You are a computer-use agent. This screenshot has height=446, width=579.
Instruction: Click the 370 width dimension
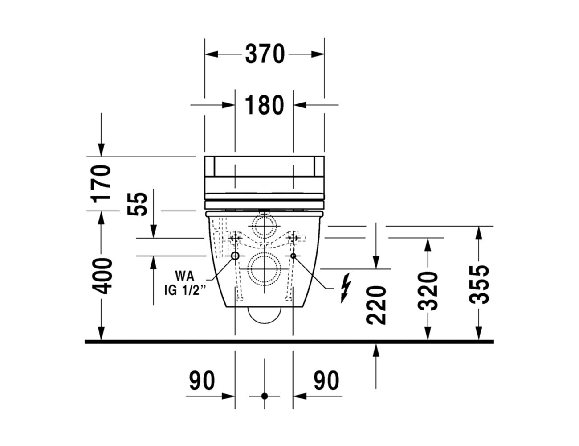click(x=265, y=54)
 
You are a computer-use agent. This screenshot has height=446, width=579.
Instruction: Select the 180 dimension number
click(x=264, y=105)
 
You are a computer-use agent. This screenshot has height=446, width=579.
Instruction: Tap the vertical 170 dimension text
click(x=101, y=184)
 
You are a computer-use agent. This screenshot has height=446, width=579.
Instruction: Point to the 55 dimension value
click(x=137, y=204)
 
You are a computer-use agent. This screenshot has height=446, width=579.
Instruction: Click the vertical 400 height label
click(x=101, y=276)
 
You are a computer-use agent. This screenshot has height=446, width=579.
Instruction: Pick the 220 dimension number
click(x=376, y=306)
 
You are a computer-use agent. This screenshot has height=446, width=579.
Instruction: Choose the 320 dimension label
click(x=428, y=291)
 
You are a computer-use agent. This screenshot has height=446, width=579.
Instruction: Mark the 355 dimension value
click(x=479, y=285)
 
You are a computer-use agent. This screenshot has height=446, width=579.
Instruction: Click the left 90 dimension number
click(x=202, y=380)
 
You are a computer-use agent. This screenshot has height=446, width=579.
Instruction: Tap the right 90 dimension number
click(x=326, y=380)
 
